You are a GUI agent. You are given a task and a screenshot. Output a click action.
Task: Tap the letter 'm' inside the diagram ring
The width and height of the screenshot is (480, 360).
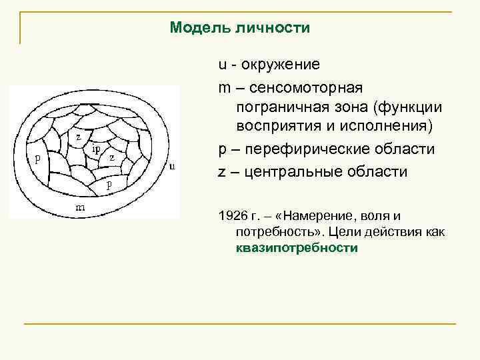[79, 208]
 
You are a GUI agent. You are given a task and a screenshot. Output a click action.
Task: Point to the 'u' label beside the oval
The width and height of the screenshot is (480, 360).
[173, 165]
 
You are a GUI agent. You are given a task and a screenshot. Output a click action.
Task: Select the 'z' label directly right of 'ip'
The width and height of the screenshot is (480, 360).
[112, 158]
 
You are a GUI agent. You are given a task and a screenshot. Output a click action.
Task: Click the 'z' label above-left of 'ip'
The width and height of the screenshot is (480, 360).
[79, 137]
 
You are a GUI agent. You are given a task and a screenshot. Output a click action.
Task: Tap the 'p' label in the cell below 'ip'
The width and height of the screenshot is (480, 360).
[109, 183]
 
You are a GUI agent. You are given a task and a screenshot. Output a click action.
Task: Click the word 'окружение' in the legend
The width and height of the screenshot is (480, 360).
[281, 65]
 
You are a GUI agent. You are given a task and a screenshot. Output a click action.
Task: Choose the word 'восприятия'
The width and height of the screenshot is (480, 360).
[275, 127]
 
